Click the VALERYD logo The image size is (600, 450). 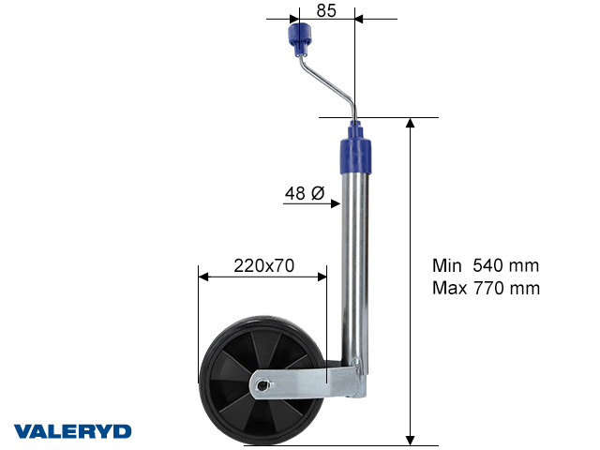click(72, 431)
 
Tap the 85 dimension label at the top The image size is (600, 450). click(326, 11)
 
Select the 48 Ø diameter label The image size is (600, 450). click(304, 194)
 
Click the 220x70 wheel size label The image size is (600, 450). click(263, 265)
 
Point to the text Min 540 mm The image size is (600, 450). click(486, 265)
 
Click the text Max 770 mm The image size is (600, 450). click(486, 288)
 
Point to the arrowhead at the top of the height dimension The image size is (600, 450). click(411, 124)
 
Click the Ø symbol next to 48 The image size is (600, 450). click(317, 194)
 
